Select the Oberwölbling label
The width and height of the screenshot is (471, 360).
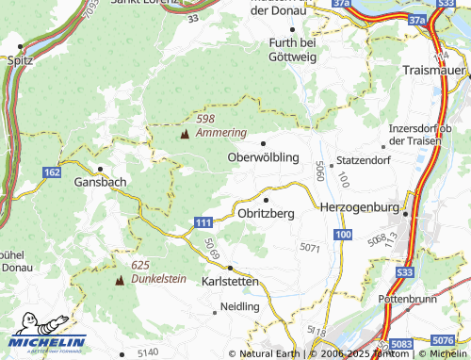(264, 156)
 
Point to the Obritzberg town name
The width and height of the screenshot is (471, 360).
(267, 214)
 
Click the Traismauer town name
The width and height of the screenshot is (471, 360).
(433, 71)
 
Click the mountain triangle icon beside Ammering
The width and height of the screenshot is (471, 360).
(184, 134)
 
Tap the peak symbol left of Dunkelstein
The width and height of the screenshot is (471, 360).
(120, 280)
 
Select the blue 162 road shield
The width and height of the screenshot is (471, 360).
(53, 172)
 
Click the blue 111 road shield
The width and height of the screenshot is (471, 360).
(203, 221)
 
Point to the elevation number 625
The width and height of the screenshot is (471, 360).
(141, 265)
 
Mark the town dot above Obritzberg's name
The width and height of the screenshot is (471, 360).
(267, 200)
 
